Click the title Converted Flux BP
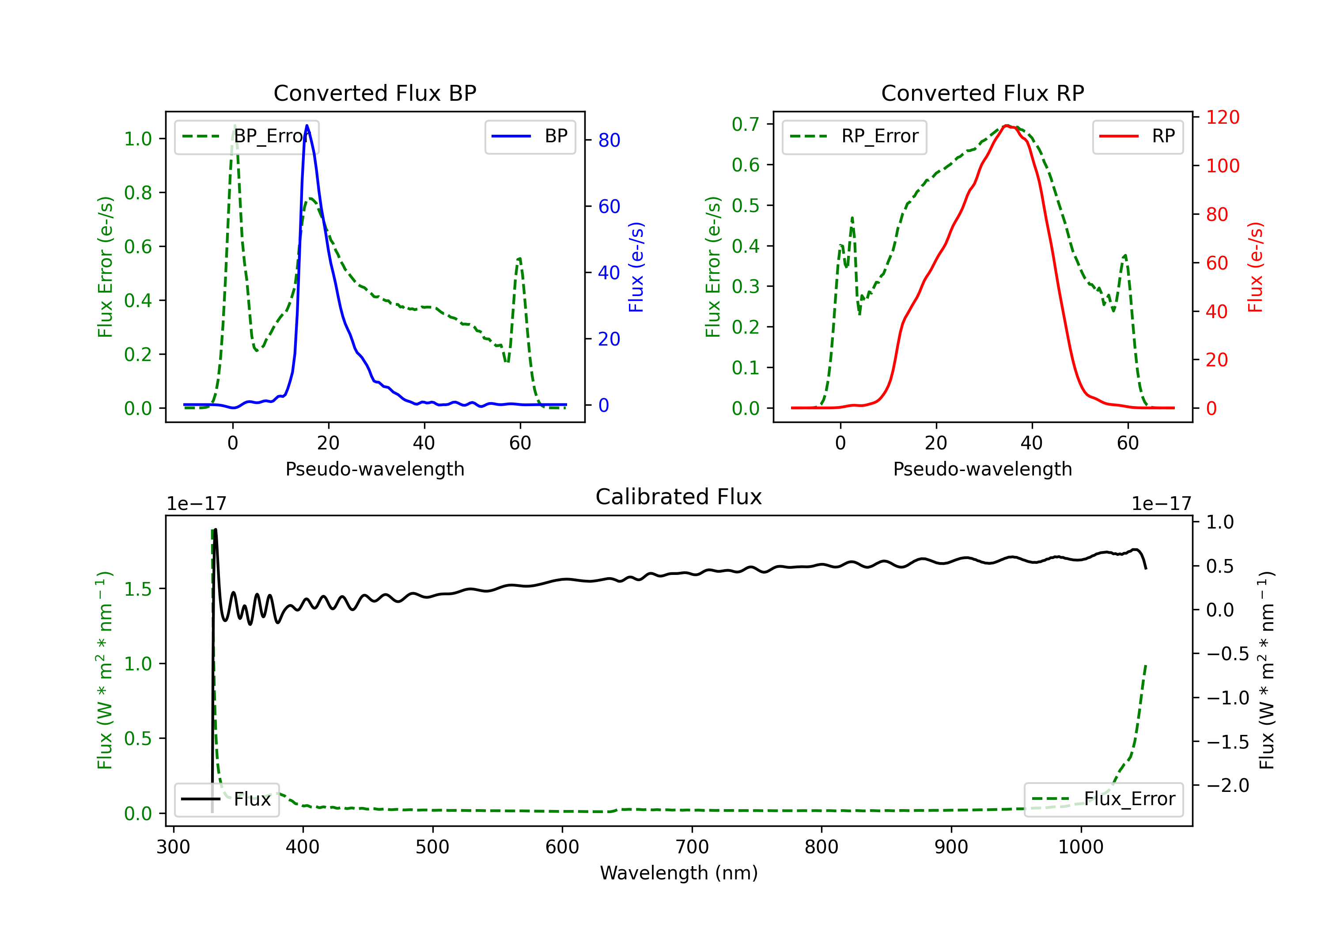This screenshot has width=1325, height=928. click(x=375, y=93)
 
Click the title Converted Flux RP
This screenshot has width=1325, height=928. click(x=982, y=93)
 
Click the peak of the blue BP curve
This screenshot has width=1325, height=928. click(x=307, y=126)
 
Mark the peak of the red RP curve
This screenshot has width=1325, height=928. click(x=1006, y=126)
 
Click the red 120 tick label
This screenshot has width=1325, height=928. click(x=1222, y=117)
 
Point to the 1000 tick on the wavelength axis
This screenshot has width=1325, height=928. click(x=1080, y=847)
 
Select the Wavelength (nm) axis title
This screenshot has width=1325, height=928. click(x=679, y=873)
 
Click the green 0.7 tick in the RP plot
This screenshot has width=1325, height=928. click(x=745, y=124)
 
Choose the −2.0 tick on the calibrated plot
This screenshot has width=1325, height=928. click(x=1227, y=785)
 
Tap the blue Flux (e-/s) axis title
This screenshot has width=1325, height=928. click(x=636, y=267)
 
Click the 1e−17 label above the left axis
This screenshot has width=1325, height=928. click(x=196, y=504)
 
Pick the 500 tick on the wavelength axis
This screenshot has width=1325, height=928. click(x=432, y=847)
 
